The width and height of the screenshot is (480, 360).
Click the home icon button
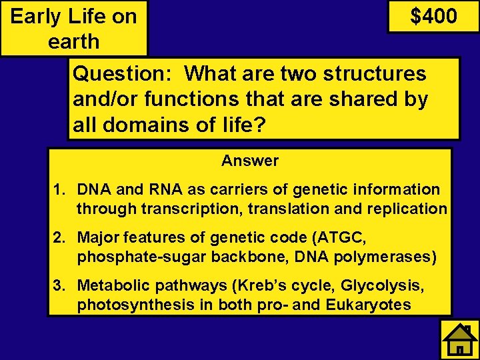click(x=459, y=339)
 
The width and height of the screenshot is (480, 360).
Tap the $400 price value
click(x=433, y=16)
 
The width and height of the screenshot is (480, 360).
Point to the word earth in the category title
click(x=73, y=41)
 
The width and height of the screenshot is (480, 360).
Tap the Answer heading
click(x=250, y=161)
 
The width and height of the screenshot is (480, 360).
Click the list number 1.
click(x=59, y=190)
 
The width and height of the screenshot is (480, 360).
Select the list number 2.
click(x=59, y=237)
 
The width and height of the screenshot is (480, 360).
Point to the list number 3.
click(x=59, y=286)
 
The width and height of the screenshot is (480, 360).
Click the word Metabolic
click(x=110, y=286)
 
